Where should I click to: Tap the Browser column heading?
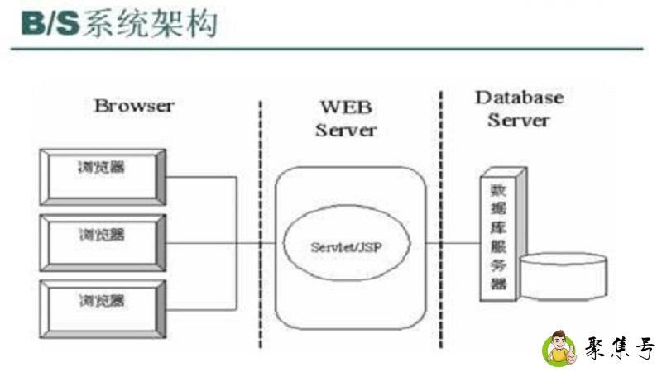point(134,106)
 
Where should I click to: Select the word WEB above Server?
point(346,107)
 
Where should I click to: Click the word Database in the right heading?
point(519,98)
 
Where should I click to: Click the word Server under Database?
point(518,121)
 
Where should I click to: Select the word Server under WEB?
point(346,130)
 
